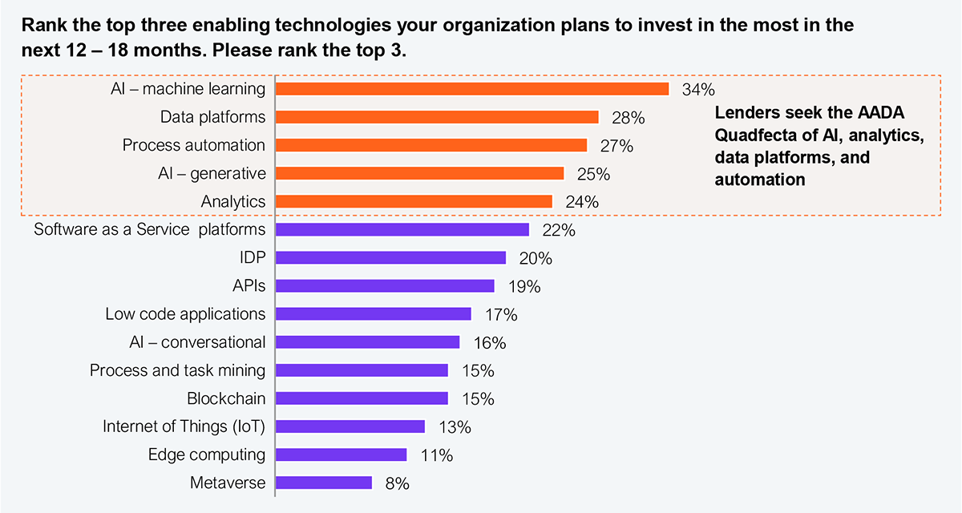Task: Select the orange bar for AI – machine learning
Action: [472, 89]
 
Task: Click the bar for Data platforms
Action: [437, 117]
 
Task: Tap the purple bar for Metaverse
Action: [324, 483]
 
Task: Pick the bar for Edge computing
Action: [342, 454]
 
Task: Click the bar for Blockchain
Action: [362, 398]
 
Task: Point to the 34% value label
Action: [697, 89]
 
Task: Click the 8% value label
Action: [397, 483]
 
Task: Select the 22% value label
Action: [559, 231]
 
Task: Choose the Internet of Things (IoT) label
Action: [184, 426]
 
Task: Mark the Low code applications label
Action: [185, 313]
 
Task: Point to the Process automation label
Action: [193, 145]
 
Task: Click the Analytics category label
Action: [232, 201]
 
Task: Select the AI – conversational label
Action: [197, 342]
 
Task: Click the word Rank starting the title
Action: [40, 26]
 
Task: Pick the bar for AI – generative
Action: [420, 173]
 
